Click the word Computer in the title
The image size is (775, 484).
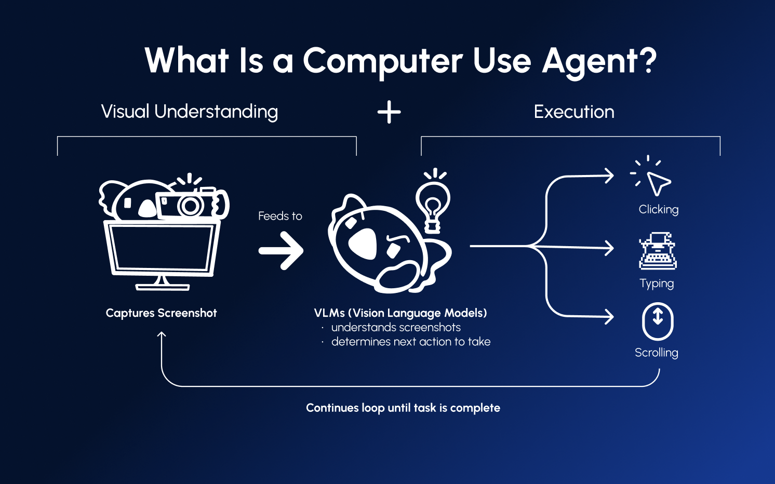(382, 61)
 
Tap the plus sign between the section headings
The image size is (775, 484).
(389, 112)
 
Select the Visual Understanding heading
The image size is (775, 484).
(190, 112)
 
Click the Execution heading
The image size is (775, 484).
(574, 112)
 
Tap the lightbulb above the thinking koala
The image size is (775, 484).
(432, 203)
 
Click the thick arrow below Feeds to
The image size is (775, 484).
(281, 251)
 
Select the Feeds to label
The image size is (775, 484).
(280, 216)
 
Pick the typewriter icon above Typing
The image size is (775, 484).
(658, 251)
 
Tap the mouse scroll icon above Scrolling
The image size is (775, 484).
(658, 321)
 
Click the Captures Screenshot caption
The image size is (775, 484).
(161, 313)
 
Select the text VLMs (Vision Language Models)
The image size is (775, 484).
(400, 313)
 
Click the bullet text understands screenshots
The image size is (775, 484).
(396, 328)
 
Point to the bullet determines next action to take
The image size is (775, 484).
(410, 342)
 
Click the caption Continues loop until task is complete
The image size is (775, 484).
(403, 408)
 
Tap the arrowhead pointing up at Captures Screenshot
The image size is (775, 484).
(162, 335)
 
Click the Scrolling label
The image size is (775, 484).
(657, 353)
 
